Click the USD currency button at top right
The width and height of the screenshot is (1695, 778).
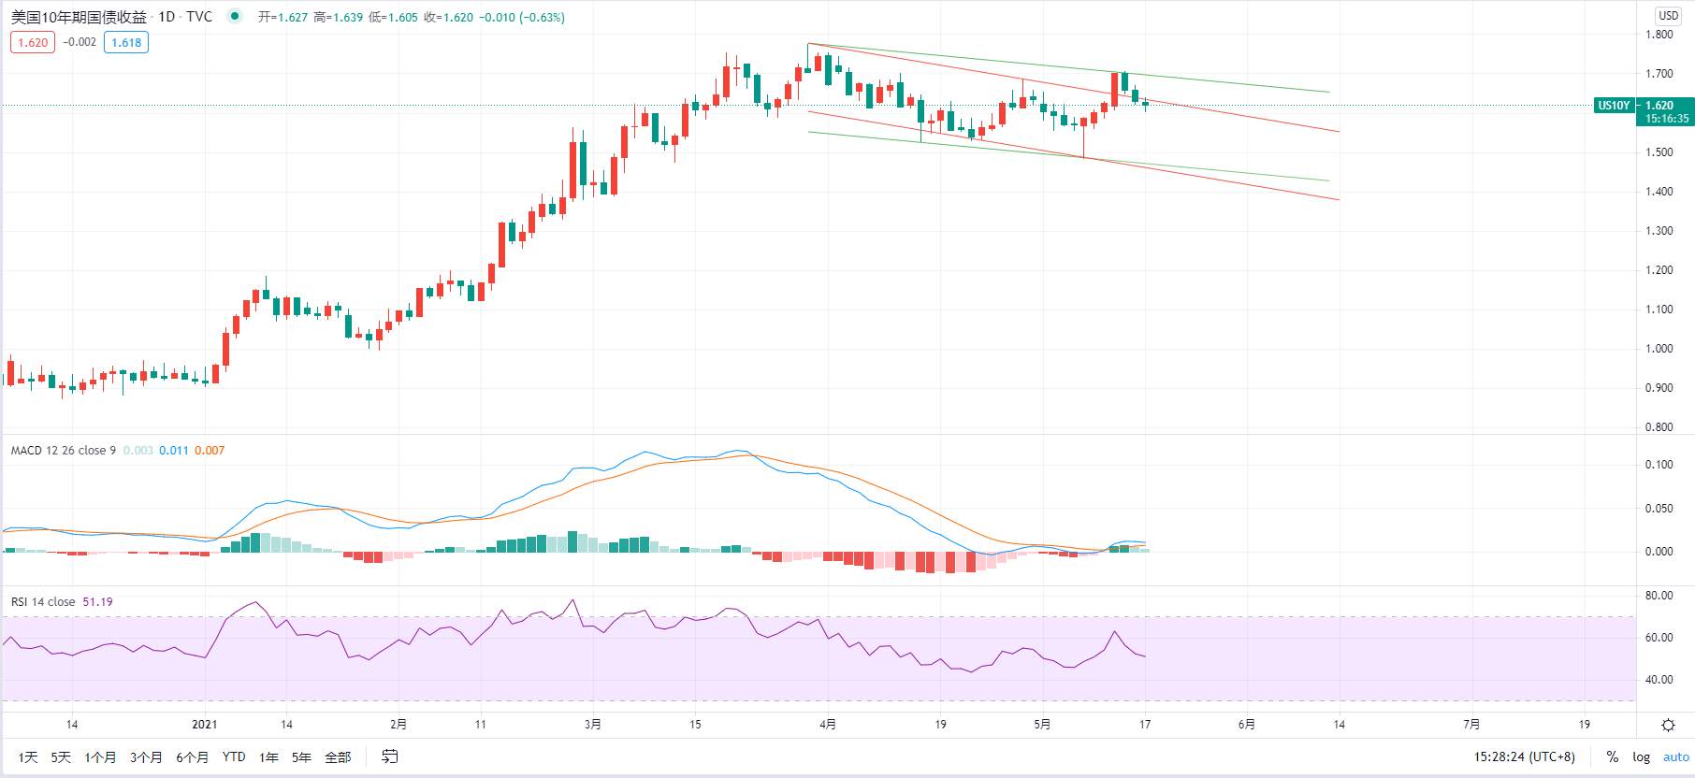click(x=1669, y=16)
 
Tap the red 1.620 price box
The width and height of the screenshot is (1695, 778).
click(x=33, y=42)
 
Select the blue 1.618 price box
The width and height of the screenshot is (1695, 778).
click(x=126, y=42)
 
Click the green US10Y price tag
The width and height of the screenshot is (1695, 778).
click(x=1613, y=106)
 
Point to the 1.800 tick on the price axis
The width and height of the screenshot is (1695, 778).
click(x=1659, y=35)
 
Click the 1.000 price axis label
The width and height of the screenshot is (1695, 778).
click(x=1659, y=349)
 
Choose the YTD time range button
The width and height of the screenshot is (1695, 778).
click(x=234, y=756)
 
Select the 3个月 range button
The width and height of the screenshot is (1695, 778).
click(x=146, y=756)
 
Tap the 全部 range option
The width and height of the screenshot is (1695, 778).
click(x=338, y=756)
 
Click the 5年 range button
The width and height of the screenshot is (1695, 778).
click(x=301, y=756)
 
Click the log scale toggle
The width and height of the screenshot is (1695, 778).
click(x=1642, y=756)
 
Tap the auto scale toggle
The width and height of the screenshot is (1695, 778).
click(x=1676, y=756)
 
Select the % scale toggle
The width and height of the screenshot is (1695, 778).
click(x=1613, y=756)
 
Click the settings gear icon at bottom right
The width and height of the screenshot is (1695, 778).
click(x=1668, y=725)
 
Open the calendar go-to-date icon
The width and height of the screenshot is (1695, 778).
click(x=390, y=756)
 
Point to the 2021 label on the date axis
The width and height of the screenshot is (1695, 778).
click(x=204, y=724)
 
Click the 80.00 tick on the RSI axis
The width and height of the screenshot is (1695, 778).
click(x=1659, y=596)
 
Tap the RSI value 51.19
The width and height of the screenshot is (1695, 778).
click(x=97, y=602)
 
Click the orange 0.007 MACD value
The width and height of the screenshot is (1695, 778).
click(x=210, y=451)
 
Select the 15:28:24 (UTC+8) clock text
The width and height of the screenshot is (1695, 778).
click(x=1525, y=756)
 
